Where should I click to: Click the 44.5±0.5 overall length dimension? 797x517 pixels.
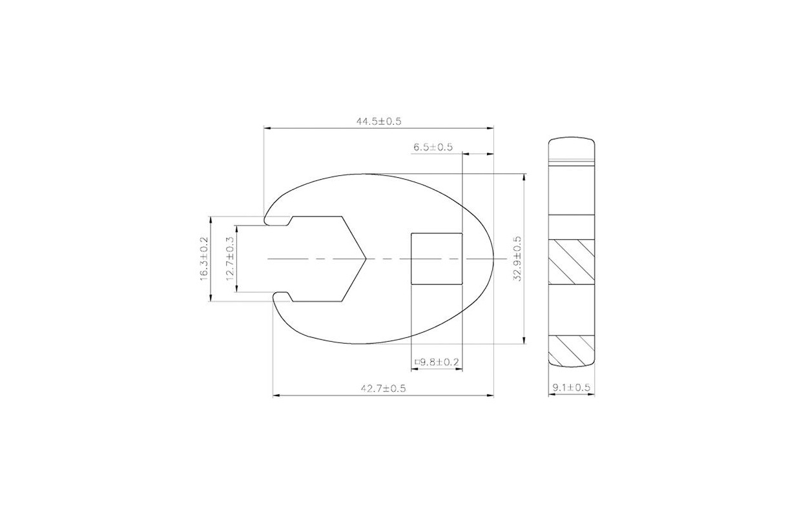pos(379,121)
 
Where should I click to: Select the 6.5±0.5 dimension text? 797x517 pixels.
pos(433,147)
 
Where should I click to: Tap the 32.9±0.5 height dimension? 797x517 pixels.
pos(517,258)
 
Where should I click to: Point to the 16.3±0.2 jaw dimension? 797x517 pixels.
pos(204,258)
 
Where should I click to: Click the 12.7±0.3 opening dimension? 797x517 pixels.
pos(230,258)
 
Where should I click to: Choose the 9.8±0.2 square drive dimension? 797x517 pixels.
pos(437,363)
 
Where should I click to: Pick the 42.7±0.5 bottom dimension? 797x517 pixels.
pos(383,388)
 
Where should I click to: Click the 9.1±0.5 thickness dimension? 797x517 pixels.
pos(571,387)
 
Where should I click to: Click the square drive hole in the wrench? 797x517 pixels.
pos(437,259)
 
